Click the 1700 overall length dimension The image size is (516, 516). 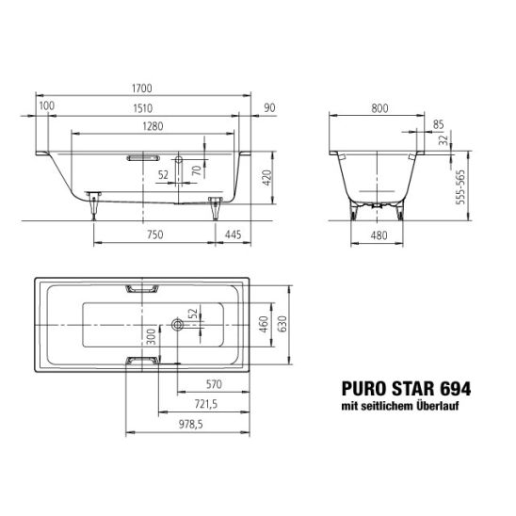tap(142, 89)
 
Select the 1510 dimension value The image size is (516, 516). tap(143, 108)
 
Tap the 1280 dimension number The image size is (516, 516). tap(153, 126)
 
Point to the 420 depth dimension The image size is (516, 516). tap(267, 178)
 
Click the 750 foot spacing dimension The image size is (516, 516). tap(155, 234)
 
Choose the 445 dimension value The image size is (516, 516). tap(233, 234)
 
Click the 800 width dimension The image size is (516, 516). tap(379, 108)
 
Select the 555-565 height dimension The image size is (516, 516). tap(460, 187)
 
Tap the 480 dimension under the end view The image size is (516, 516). tap(379, 235)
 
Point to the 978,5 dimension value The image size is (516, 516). tap(191, 425)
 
